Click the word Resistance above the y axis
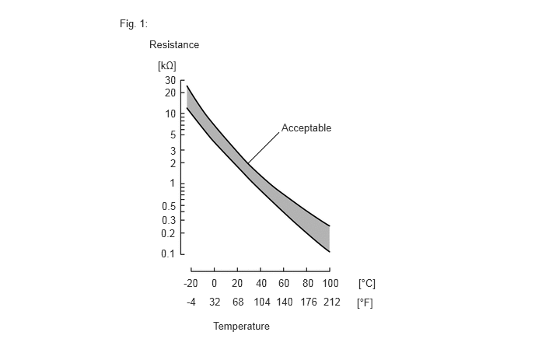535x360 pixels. [x=174, y=45]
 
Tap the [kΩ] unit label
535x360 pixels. [x=166, y=66]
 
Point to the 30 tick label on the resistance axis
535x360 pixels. [x=170, y=80]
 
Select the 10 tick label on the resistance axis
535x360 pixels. [x=170, y=114]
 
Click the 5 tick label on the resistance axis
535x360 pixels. [x=173, y=135]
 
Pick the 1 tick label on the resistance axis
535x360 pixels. [x=173, y=184]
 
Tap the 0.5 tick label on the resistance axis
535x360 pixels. [x=169, y=206]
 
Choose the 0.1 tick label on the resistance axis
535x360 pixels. [x=169, y=254]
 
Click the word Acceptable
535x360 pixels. [x=306, y=128]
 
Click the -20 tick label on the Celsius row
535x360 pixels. [x=191, y=284]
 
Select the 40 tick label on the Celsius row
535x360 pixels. [x=261, y=284]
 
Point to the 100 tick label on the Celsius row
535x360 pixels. [x=330, y=284]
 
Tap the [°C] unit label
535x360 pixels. [x=366, y=284]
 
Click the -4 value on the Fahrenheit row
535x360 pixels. [x=191, y=302]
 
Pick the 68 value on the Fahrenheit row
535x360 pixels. [x=238, y=302]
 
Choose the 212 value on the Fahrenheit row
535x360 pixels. [x=331, y=302]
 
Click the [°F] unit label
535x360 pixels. [x=365, y=302]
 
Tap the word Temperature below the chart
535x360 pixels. [x=241, y=327]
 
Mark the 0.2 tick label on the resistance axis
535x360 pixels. [x=169, y=233]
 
